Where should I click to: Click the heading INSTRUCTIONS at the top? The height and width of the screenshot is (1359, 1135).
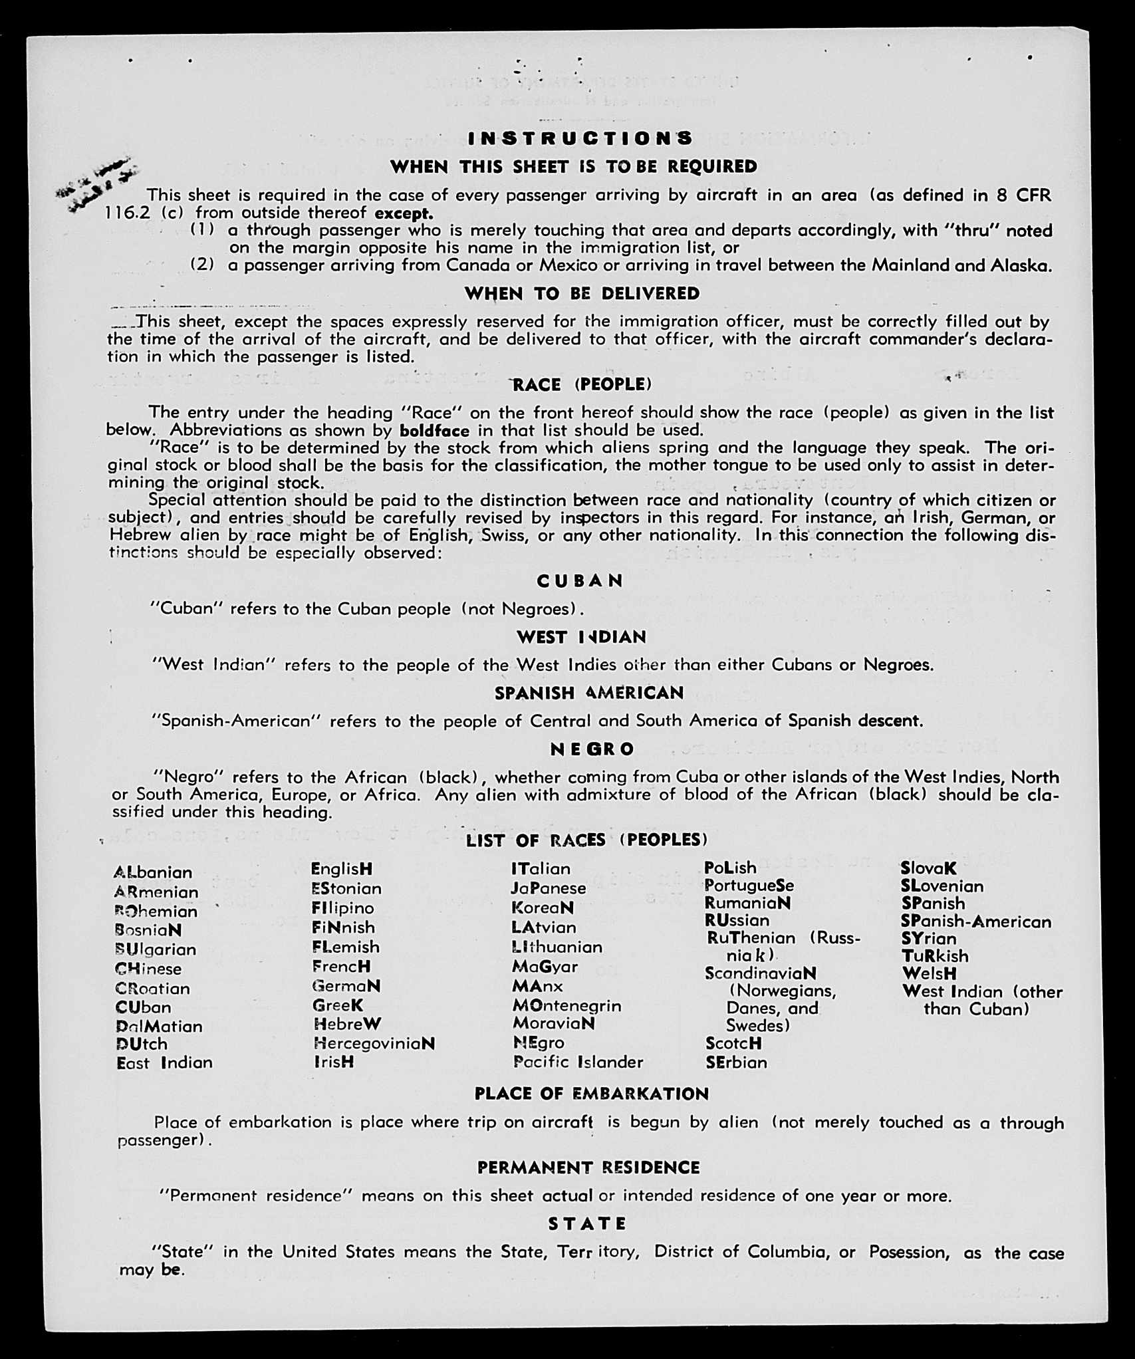(x=580, y=138)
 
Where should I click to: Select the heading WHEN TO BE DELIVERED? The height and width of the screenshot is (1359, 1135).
(x=582, y=293)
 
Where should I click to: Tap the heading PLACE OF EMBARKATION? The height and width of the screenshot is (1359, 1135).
(x=591, y=1094)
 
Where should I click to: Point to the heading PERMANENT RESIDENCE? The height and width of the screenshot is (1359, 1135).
(x=588, y=1168)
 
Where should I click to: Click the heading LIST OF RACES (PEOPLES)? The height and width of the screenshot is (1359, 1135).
(x=586, y=840)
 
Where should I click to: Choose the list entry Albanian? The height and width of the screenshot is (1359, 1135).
(x=153, y=872)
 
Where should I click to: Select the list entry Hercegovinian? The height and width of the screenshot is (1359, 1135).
(x=374, y=1043)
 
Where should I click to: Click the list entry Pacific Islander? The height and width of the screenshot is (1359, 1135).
(x=578, y=1062)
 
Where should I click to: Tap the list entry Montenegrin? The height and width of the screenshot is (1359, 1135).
(x=567, y=1005)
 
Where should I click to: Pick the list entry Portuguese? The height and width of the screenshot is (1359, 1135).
(x=749, y=886)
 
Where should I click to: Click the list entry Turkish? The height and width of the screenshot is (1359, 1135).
(x=935, y=956)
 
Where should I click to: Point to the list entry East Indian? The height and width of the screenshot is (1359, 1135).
(x=164, y=1062)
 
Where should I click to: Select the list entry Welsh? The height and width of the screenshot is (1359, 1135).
(x=929, y=973)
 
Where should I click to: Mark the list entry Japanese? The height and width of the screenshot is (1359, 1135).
(x=549, y=888)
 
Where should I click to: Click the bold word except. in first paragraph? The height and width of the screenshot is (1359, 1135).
(x=404, y=213)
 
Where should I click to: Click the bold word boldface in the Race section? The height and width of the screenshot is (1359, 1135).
(x=434, y=430)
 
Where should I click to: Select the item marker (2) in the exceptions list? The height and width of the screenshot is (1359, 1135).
(x=202, y=265)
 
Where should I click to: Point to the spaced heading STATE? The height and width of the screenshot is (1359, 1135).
(x=588, y=1223)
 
